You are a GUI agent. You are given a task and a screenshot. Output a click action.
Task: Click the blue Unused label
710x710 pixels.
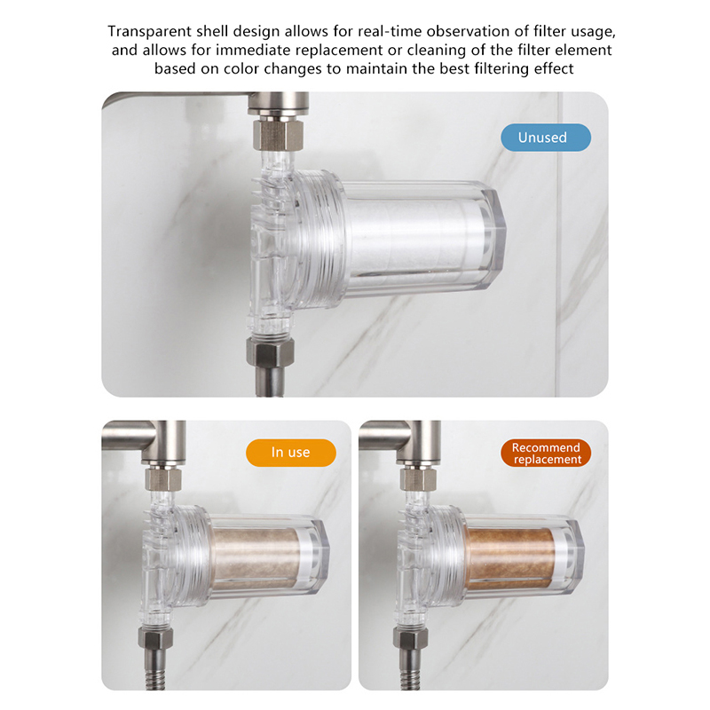pyautogui.click(x=546, y=138)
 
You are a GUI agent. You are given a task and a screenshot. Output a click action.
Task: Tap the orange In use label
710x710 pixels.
pyautogui.click(x=291, y=453)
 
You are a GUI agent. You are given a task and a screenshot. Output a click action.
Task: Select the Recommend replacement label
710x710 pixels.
pyautogui.click(x=546, y=453)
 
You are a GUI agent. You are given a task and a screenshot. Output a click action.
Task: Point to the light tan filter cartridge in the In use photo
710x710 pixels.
pyautogui.click(x=256, y=556)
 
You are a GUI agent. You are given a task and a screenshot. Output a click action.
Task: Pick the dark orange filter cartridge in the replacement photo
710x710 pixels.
pyautogui.click(x=511, y=556)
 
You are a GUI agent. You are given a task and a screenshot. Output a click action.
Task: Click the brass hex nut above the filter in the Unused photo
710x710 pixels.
pyautogui.click(x=272, y=134)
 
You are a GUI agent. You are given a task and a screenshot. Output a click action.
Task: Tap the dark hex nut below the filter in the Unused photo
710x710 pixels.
pyautogui.click(x=270, y=351)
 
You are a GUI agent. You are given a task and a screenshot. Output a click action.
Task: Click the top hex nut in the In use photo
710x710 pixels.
pyautogui.click(x=163, y=479)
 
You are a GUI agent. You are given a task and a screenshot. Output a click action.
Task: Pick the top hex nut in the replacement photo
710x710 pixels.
pyautogui.click(x=418, y=479)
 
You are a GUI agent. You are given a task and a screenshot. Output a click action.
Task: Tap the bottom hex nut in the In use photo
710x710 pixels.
pyautogui.click(x=155, y=637)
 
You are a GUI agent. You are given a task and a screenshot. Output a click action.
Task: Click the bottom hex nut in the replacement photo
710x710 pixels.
pyautogui.click(x=410, y=637)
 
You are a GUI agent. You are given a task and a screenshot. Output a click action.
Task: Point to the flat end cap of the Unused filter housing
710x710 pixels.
pyautogui.click(x=493, y=239)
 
